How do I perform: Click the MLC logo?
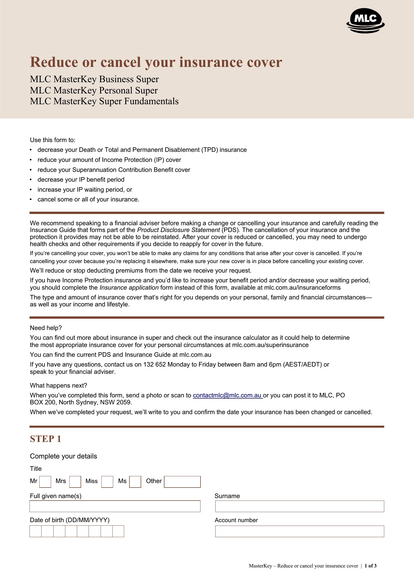(365, 20)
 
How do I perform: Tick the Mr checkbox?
(45, 482)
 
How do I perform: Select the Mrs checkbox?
(75, 482)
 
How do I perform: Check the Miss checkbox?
(107, 482)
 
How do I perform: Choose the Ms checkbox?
(135, 482)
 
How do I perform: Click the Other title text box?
(182, 482)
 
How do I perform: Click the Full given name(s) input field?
(115, 506)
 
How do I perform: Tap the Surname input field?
(299, 506)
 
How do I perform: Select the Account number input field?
(299, 531)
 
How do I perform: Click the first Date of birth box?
(36, 531)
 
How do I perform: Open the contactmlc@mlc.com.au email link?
(227, 395)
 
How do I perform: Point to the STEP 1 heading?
(45, 439)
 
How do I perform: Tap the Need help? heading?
(46, 328)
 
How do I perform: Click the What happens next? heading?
(58, 385)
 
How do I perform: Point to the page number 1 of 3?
(370, 566)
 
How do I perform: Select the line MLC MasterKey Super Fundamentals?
(104, 101)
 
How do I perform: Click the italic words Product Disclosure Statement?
(178, 230)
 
